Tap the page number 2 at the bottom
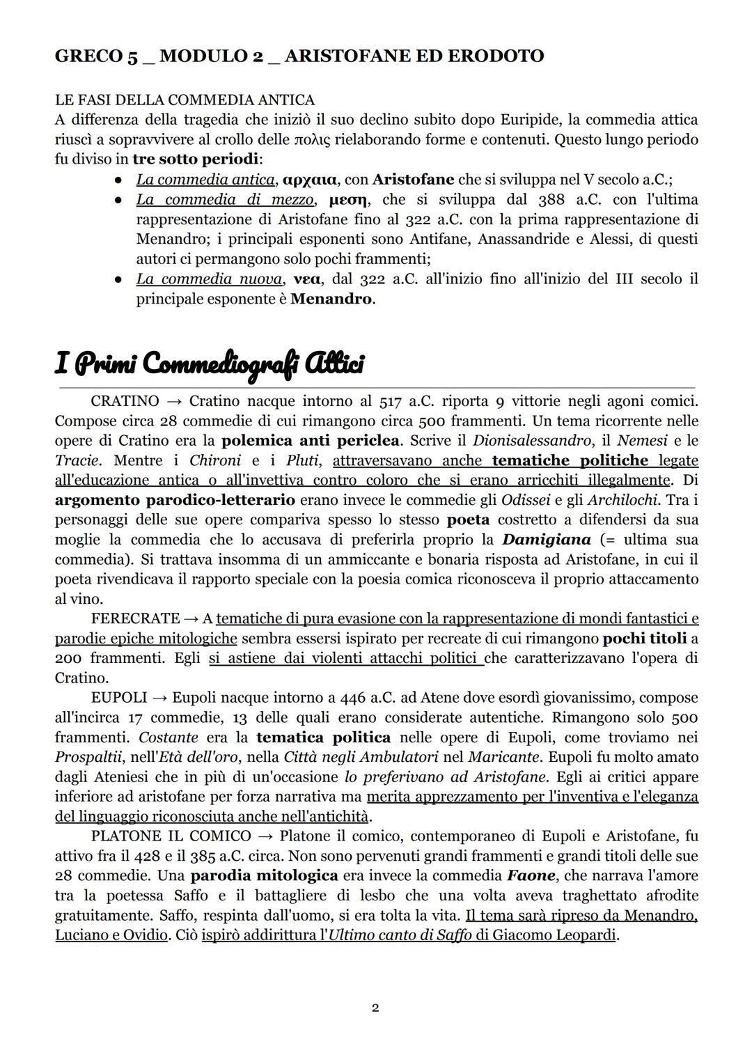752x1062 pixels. (375, 1008)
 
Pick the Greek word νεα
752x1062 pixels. (307, 279)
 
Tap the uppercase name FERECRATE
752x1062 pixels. (135, 618)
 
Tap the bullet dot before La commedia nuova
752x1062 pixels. (119, 280)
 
